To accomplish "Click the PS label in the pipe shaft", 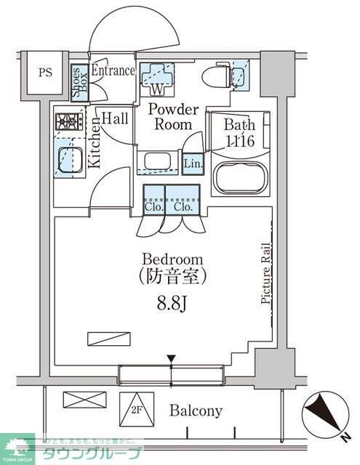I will point(46,72).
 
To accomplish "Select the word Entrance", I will point(113,70).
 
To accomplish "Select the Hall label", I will point(114,118).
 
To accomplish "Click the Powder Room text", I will point(173,117).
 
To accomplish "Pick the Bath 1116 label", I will point(239,132).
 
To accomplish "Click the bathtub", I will point(239,175).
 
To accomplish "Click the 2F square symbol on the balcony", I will point(136,408).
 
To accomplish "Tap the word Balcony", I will point(196,411).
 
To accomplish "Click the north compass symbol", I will point(324,415).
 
